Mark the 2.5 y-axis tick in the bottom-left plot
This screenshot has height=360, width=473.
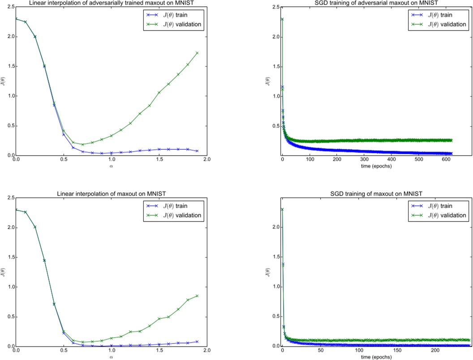click(x=9, y=198)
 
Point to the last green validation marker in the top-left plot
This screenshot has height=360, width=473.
click(x=197, y=53)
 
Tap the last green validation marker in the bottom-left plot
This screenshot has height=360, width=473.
click(x=197, y=296)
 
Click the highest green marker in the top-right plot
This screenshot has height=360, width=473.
click(x=282, y=19)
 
